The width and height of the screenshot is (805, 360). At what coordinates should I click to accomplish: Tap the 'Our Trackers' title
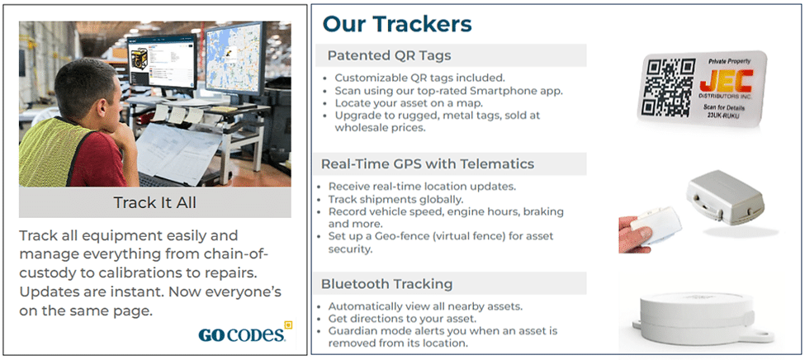click(x=397, y=24)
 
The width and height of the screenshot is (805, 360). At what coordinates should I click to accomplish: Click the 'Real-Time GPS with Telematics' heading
click(x=428, y=163)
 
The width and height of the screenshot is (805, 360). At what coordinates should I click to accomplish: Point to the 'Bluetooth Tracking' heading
click(x=386, y=284)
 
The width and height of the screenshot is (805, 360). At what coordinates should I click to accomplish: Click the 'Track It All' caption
click(x=155, y=202)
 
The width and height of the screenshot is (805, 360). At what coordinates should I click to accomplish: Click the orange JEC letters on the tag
click(x=727, y=81)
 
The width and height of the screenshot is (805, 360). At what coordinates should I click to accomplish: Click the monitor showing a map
click(x=234, y=59)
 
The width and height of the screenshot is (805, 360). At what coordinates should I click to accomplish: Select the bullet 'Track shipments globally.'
click(x=395, y=199)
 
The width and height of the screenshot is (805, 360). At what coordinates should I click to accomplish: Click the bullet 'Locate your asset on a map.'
click(x=408, y=103)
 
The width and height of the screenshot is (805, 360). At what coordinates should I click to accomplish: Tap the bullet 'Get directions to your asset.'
click(x=410, y=319)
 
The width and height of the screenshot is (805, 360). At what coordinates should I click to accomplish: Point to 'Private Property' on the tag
click(x=729, y=61)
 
